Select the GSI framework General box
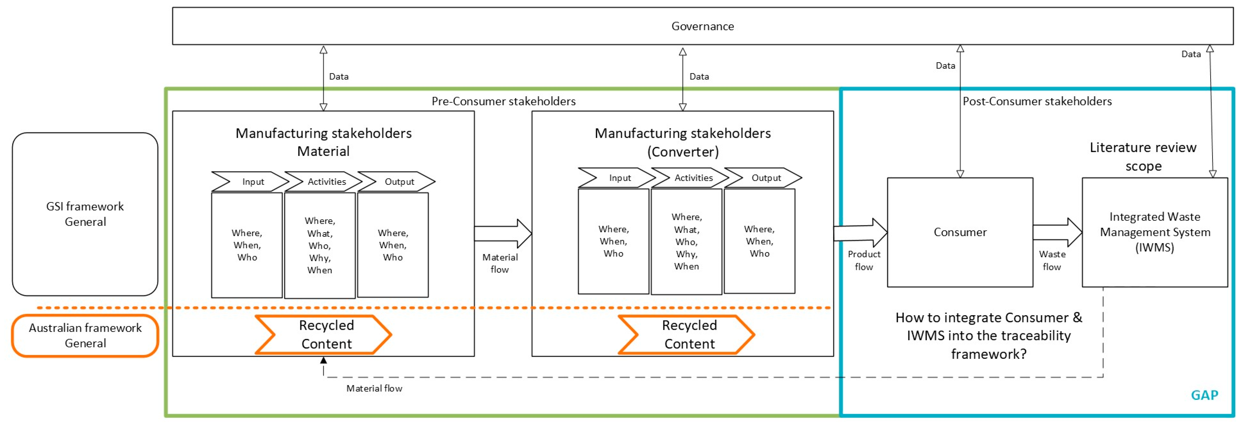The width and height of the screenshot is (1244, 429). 85,214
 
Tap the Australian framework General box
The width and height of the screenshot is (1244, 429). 85,335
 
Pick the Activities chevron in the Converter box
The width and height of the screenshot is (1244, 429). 690,178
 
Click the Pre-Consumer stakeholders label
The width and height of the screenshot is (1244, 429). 503,101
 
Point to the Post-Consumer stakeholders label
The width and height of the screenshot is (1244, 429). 1037,101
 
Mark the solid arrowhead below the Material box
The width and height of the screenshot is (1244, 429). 324,360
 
